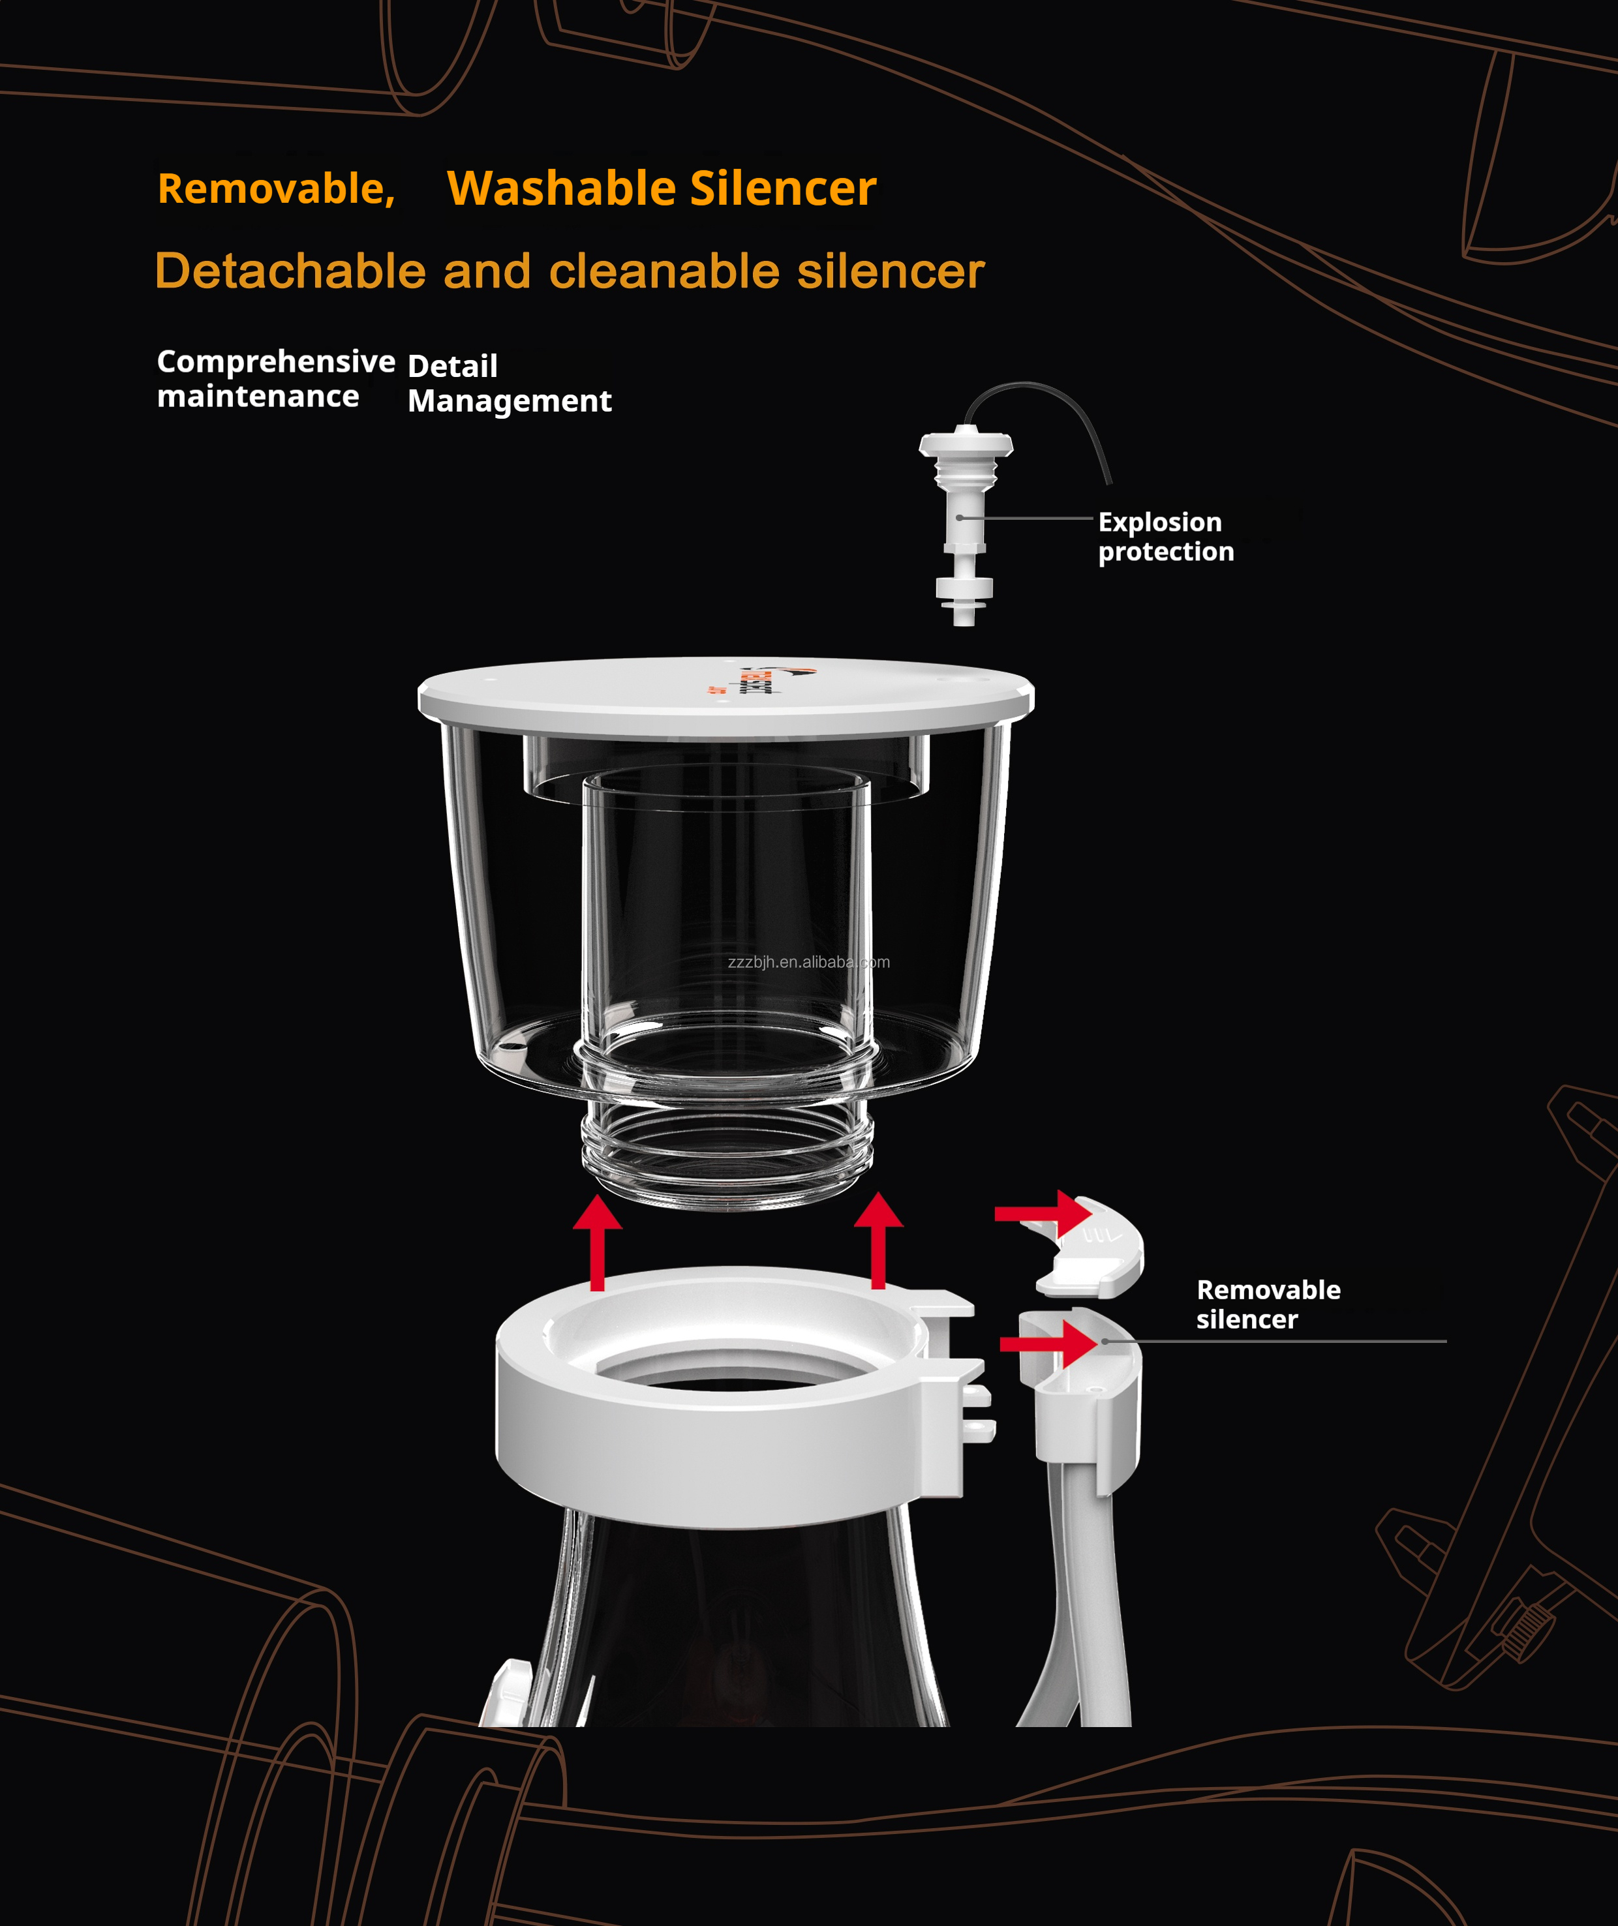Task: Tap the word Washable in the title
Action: pyautogui.click(x=561, y=189)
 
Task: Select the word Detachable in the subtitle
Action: pyautogui.click(x=290, y=271)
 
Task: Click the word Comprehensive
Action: pyautogui.click(x=275, y=361)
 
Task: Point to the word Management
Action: pyautogui.click(x=509, y=401)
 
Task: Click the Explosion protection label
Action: pyautogui.click(x=1165, y=537)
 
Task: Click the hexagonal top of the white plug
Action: pyautogui.click(x=966, y=445)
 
